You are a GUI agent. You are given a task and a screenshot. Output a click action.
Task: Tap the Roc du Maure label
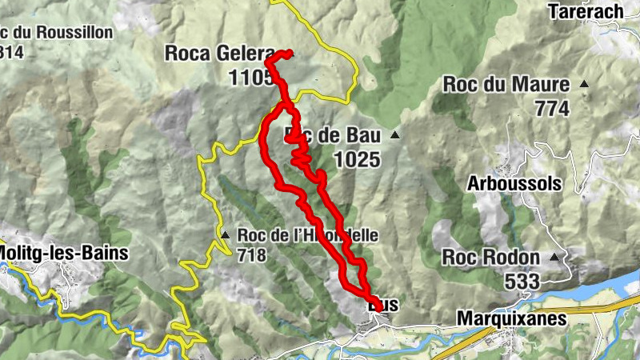[506, 84]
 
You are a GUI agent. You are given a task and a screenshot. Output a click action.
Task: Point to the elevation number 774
[552, 109]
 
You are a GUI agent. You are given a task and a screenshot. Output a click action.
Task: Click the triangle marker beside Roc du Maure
[585, 84]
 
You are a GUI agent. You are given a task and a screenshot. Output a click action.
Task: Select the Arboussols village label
[514, 183]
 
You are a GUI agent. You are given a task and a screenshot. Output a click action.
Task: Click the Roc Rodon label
[490, 258]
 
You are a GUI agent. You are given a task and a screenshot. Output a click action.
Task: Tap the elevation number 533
[522, 282]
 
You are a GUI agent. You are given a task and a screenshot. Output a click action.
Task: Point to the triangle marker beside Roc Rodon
[554, 258]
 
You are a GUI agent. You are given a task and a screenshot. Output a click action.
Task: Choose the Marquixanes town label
[511, 318]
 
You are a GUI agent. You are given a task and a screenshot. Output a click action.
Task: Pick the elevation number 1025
[356, 159]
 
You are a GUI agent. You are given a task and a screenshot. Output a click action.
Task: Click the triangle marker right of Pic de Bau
[394, 135]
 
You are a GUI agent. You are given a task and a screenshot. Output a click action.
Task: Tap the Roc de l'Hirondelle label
[302, 235]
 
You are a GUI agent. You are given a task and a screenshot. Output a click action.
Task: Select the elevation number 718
[250, 257]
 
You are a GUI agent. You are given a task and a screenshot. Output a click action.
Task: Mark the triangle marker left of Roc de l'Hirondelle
[226, 235]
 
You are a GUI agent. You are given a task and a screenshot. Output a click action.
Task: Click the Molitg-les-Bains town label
[64, 254]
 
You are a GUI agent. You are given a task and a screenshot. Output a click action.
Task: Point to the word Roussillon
[69, 33]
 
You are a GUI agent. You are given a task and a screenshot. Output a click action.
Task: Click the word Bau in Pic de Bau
[362, 135]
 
